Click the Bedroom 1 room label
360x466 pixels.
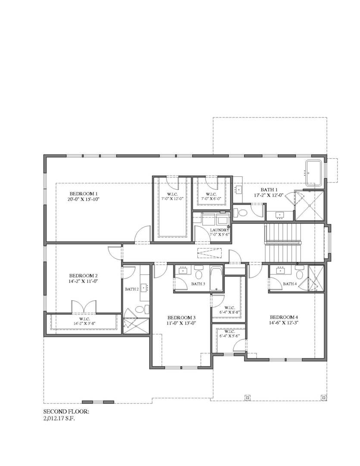(x=85, y=194)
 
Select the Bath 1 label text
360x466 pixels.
(x=272, y=189)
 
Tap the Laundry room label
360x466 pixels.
(x=219, y=230)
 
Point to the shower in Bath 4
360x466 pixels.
(x=316, y=279)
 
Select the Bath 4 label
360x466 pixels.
(x=289, y=283)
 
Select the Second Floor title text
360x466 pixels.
(x=66, y=412)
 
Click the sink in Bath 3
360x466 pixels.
(x=183, y=271)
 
